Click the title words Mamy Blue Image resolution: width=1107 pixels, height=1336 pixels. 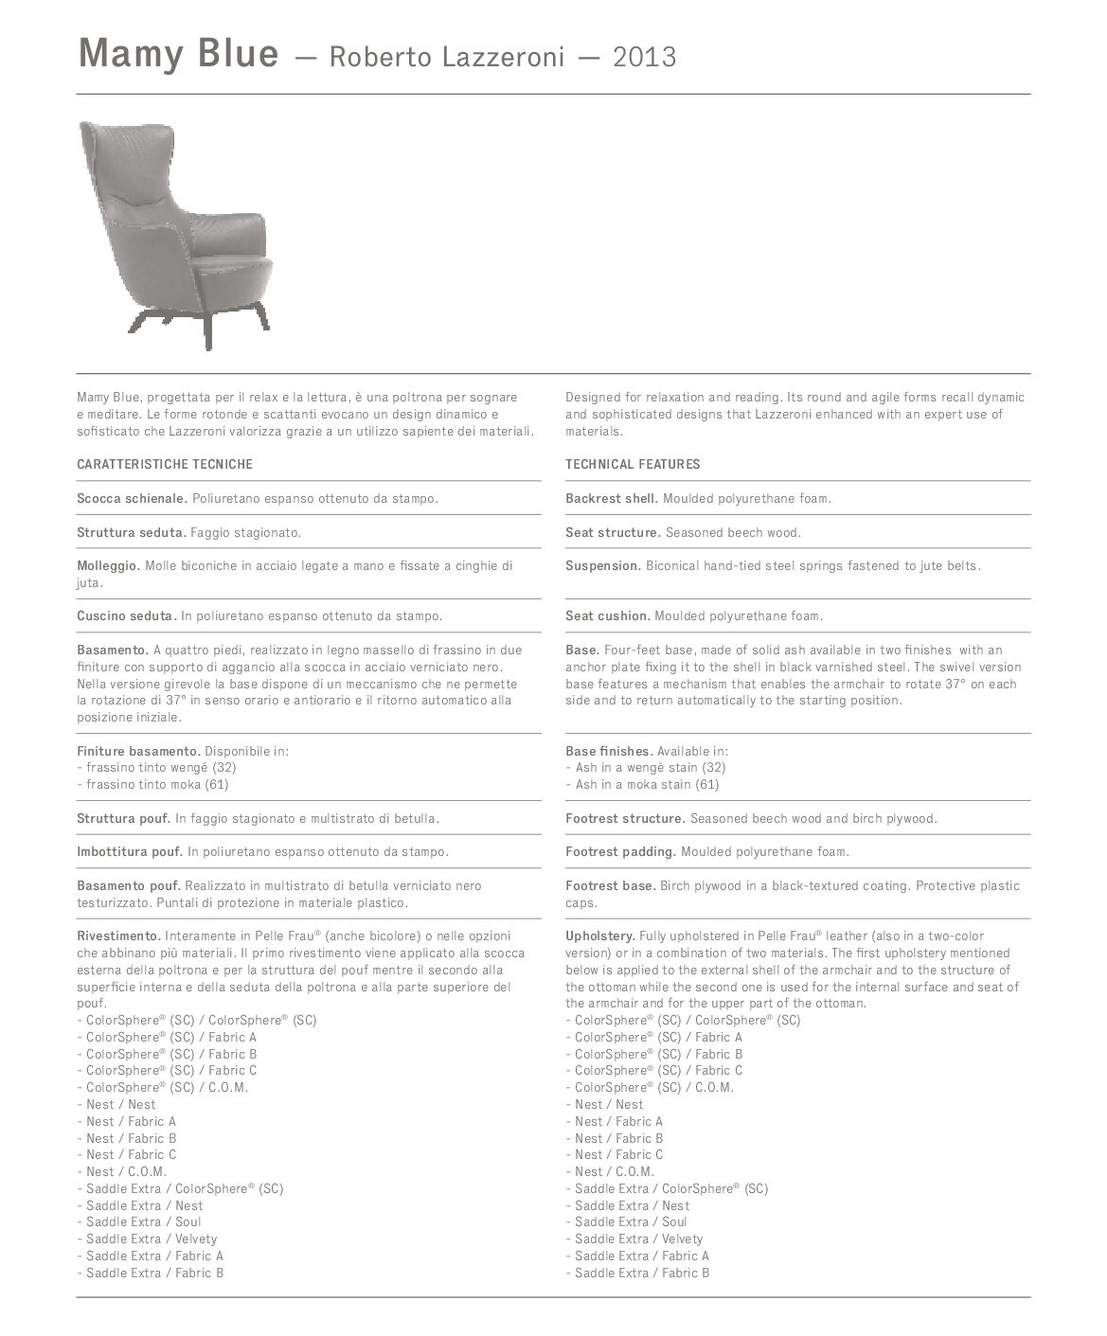[178, 54]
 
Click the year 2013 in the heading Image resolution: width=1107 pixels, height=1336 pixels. [645, 58]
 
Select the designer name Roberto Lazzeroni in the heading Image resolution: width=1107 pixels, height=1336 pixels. [447, 58]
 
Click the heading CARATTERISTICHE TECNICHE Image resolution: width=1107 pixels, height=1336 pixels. [165, 464]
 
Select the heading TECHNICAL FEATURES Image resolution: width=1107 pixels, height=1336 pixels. [633, 464]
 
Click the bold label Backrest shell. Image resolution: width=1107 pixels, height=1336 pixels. [612, 498]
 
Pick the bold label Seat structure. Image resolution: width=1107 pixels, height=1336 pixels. [613, 532]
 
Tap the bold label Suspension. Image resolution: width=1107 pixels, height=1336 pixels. [603, 565]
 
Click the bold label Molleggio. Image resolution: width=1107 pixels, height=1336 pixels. [109, 565]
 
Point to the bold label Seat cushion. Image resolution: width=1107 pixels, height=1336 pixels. [608, 615]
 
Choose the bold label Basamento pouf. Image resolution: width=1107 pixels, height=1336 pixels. [130, 885]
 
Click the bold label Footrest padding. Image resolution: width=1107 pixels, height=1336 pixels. [620, 851]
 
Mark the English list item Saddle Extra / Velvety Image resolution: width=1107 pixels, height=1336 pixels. [639, 1238]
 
